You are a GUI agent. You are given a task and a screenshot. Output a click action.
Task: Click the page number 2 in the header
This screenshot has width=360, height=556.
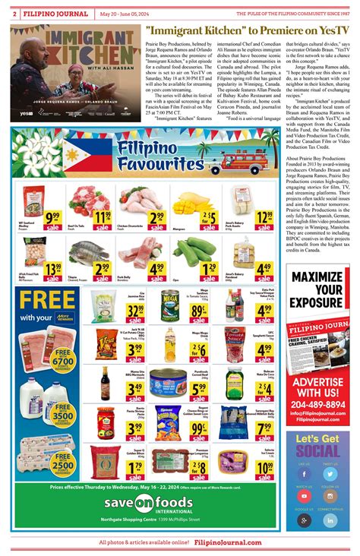tap(15, 13)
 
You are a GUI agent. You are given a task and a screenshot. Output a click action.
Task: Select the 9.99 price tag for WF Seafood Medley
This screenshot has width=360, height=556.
tap(53, 219)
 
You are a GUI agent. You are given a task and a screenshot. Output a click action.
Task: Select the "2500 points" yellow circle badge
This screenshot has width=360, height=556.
tap(62, 461)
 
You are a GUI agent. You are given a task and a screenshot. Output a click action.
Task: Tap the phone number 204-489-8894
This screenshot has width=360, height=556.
tap(317, 405)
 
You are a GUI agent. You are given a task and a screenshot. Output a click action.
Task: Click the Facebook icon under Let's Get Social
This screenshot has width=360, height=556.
tap(305, 474)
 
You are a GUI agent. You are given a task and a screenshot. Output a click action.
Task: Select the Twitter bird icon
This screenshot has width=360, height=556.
tap(330, 474)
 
